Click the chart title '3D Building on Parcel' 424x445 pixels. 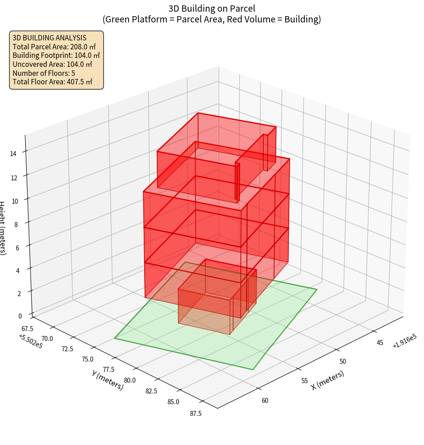click(212, 9)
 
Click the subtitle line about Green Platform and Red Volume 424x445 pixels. click(212, 19)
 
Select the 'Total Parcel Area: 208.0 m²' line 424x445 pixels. click(54, 47)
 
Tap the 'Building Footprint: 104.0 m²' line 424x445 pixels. click(56, 55)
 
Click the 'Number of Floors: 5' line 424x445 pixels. click(44, 73)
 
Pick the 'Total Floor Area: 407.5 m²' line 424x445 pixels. click(53, 82)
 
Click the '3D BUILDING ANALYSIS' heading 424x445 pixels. click(49, 38)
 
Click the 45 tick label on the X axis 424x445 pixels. click(380, 343)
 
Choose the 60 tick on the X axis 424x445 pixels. click(265, 400)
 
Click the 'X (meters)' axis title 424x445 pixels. click(327, 380)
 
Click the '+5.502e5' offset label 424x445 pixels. click(31, 342)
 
